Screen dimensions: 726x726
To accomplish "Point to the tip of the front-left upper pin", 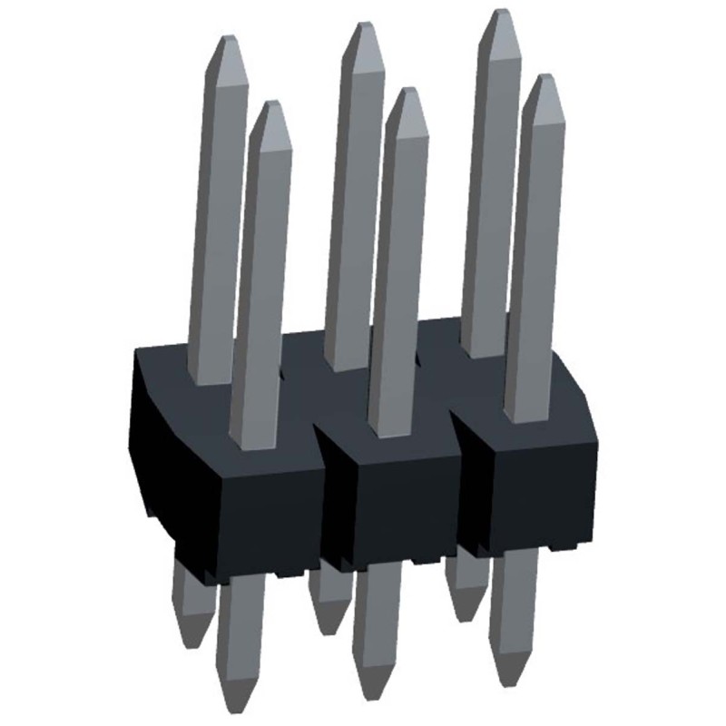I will click(270, 106).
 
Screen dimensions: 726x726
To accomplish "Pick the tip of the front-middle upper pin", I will click(406, 93).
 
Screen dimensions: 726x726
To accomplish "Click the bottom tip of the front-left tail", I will click(237, 704).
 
